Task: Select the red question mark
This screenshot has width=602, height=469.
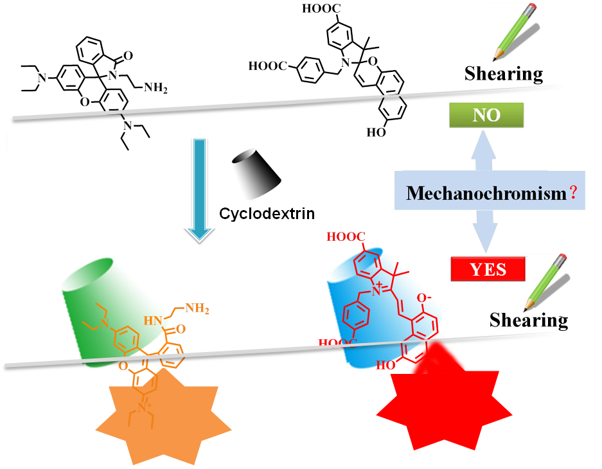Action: coord(571,191)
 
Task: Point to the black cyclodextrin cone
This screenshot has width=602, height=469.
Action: coord(256,173)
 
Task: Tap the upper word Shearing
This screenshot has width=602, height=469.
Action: coord(503,74)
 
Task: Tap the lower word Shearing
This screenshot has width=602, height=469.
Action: coord(528,320)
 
